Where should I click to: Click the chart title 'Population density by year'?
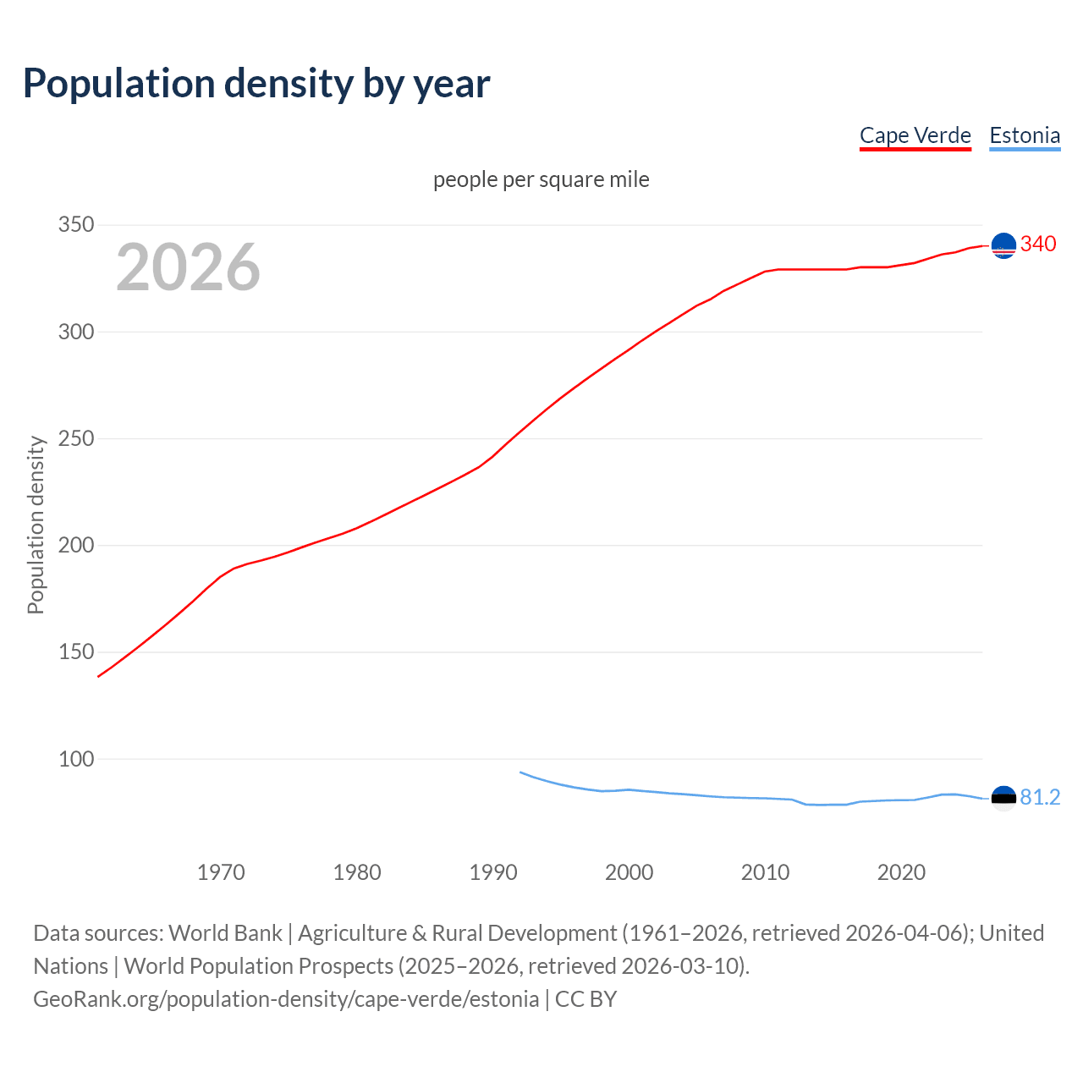coord(256,83)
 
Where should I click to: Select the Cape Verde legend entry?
coord(915,135)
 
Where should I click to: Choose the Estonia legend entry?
coord(1025,135)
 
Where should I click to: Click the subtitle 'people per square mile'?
coord(541,179)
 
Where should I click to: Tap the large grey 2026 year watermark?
coord(188,267)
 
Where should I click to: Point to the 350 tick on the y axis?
coord(75,225)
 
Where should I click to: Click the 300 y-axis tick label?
coord(75,332)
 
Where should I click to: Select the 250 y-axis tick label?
coord(75,438)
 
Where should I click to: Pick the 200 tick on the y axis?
coord(75,545)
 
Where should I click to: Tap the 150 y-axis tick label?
coord(75,651)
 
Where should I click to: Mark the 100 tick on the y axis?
coord(75,759)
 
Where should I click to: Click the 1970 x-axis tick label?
coord(221,872)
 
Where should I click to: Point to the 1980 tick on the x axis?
coord(357,872)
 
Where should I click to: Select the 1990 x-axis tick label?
coord(493,872)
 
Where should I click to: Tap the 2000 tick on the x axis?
coord(629,872)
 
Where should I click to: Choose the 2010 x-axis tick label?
coord(765,872)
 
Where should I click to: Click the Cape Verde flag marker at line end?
coord(1003,245)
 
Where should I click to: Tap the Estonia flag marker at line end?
coord(1003,798)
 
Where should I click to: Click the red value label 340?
coord(1038,245)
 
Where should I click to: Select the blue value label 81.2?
coord(1040,798)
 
